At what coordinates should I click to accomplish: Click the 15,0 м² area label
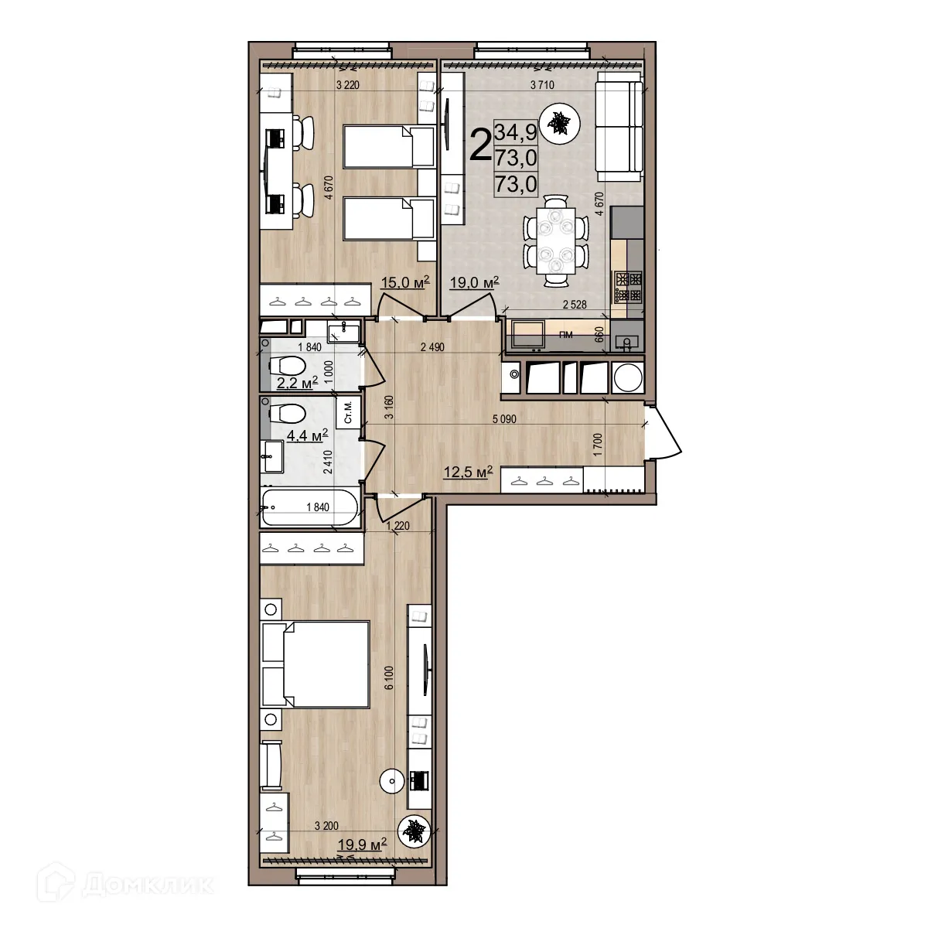pos(405,282)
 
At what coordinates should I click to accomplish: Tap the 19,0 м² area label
pos(474,283)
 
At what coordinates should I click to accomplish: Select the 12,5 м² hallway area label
pos(468,472)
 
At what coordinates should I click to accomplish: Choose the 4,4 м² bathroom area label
pos(307,435)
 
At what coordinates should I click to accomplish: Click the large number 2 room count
pos(480,145)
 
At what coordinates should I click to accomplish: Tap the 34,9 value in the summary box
pos(520,132)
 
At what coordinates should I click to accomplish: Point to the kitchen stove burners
pos(627,286)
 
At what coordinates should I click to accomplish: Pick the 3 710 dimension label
pos(541,85)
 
